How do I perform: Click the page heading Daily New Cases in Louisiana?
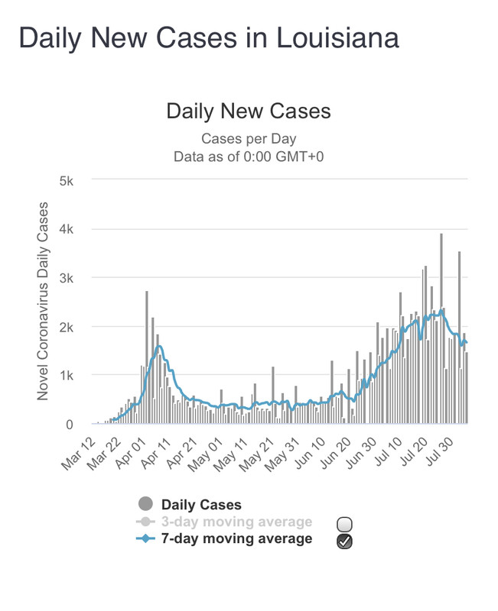click(208, 37)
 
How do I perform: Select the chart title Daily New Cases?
click(249, 112)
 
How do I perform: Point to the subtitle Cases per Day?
click(249, 139)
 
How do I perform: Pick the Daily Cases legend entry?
click(200, 505)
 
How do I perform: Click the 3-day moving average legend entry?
click(236, 522)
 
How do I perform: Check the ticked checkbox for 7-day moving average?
click(344, 541)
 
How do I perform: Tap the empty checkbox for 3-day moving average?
click(344, 524)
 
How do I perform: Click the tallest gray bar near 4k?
click(441, 328)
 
